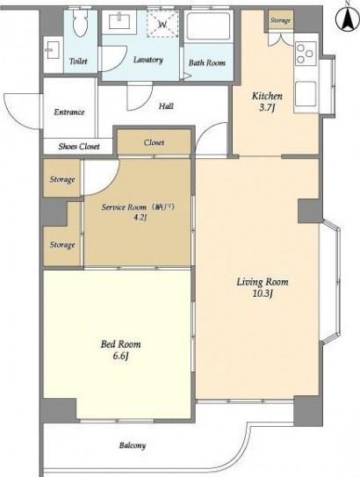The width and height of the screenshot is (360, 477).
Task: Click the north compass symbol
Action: click(x=347, y=18)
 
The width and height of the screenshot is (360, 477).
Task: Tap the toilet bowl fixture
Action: click(x=80, y=22)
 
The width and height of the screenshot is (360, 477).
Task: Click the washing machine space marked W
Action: click(x=162, y=24)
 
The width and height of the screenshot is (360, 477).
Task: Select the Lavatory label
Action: click(x=148, y=60)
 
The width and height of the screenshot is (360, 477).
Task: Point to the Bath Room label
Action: click(x=206, y=62)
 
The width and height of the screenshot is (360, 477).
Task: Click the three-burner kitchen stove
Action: click(x=306, y=54)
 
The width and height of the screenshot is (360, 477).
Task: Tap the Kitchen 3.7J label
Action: click(x=267, y=102)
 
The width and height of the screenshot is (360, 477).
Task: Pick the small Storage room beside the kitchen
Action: click(x=281, y=20)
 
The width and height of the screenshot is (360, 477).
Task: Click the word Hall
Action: click(x=166, y=106)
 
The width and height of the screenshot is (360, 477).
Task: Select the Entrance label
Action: click(x=69, y=112)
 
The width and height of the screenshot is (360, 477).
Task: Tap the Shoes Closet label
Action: click(x=79, y=147)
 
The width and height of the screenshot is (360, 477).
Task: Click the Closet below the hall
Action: click(x=155, y=142)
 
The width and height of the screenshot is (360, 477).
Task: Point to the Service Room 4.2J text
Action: click(x=138, y=212)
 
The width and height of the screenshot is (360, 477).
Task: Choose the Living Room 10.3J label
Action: click(x=263, y=287)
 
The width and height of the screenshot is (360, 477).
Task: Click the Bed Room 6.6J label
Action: click(x=120, y=350)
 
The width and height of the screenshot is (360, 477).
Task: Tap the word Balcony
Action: click(x=133, y=445)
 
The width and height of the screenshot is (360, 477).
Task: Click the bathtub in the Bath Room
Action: click(x=208, y=26)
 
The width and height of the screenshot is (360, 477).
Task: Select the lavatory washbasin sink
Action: click(x=119, y=21)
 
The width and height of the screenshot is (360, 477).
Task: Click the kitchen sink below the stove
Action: click(x=306, y=93)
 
